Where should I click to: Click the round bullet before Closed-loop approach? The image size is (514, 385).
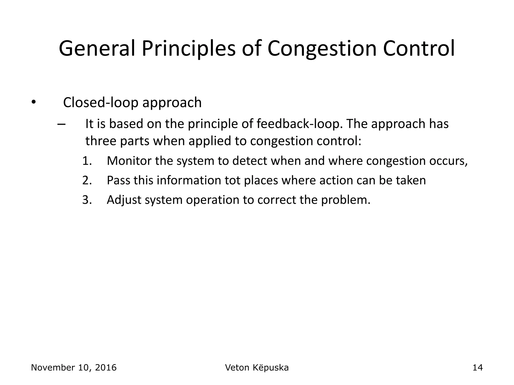34,102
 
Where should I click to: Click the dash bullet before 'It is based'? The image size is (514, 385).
61,124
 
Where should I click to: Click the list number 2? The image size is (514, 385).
87,180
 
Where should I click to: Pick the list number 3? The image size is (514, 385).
87,200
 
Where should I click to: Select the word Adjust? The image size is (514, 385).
124,200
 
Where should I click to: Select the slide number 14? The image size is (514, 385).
478,368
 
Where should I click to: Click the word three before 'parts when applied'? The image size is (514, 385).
101,141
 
